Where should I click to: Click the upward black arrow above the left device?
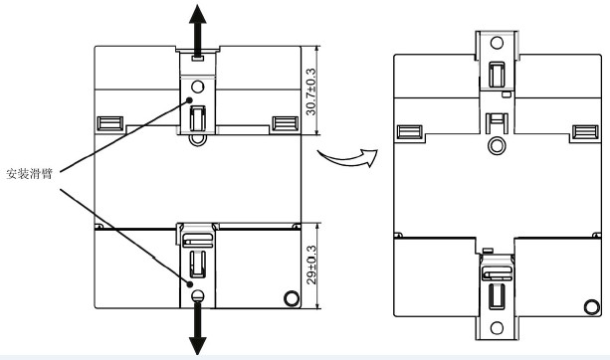198,31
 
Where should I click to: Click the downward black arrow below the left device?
198,328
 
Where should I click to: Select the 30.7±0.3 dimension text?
310,91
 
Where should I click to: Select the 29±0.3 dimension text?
311,265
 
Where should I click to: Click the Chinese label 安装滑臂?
29,173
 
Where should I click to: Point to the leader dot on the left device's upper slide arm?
189,100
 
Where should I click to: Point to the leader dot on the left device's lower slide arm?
190,284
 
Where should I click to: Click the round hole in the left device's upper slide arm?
198,87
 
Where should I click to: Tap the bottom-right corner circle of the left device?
292,298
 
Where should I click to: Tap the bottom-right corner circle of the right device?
592,307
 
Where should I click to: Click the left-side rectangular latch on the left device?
110,123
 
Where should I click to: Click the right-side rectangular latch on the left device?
286,123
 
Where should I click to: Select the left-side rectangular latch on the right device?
410,132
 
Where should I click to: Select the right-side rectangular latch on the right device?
585,132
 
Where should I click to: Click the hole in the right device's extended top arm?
497,43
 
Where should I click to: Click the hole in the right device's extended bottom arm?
497,328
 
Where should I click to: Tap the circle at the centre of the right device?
497,146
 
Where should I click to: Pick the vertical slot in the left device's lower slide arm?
198,265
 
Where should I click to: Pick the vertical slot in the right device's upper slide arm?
497,75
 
